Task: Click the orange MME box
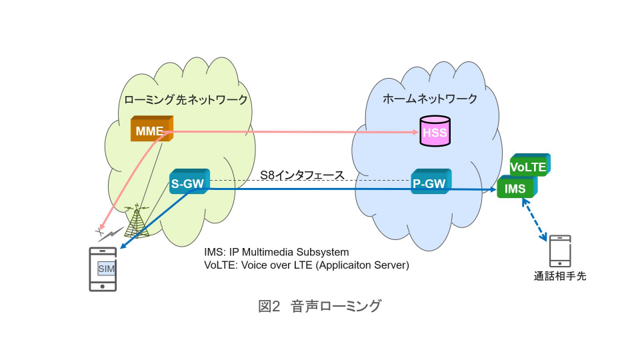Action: (151, 130)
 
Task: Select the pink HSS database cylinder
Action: (435, 131)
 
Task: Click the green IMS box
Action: (516, 188)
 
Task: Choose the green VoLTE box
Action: (528, 166)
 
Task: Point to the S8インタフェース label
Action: (302, 175)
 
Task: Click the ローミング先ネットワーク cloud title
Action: (186, 99)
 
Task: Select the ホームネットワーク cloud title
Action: (430, 99)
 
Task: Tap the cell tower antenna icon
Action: (137, 221)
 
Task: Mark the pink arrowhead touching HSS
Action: (415, 131)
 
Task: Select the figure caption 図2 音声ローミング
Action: (319, 306)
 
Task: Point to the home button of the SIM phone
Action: (103, 285)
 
